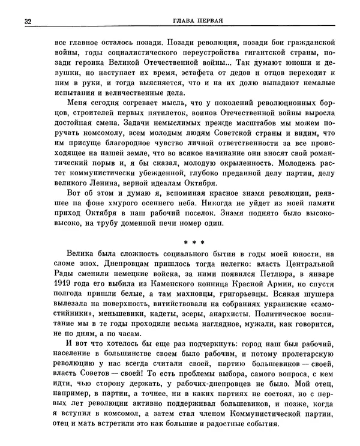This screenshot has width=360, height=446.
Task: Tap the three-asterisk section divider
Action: point(193,243)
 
